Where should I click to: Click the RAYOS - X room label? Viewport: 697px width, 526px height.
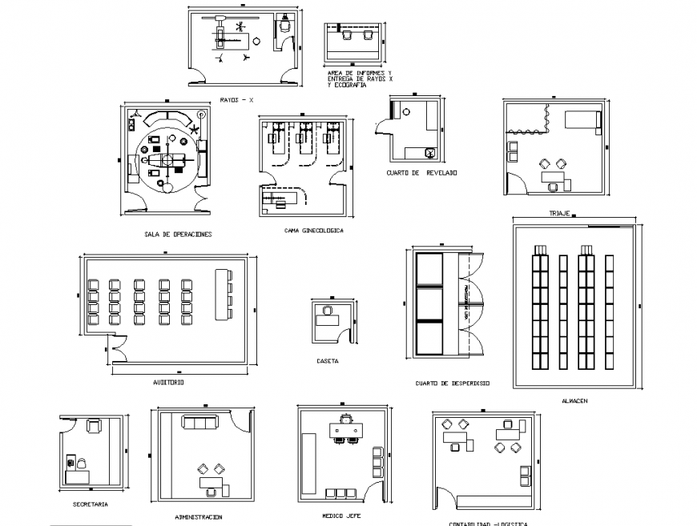[236, 100]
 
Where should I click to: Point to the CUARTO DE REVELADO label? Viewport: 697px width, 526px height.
[421, 172]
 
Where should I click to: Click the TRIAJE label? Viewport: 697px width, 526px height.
[558, 214]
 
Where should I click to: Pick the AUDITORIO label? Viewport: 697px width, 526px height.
[168, 382]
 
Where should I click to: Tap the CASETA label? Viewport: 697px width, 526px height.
[327, 361]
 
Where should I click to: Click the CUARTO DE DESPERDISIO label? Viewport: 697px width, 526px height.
[453, 383]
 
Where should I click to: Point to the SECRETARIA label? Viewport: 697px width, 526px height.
[89, 505]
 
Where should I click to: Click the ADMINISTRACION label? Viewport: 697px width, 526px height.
[198, 517]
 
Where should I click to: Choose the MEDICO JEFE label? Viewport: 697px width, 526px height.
[341, 516]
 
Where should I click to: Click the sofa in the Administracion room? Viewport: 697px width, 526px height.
[200, 423]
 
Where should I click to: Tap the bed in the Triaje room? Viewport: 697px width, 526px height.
[582, 120]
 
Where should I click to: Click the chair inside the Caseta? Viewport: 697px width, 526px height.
[327, 308]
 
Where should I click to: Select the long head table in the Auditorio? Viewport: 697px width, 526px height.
[221, 294]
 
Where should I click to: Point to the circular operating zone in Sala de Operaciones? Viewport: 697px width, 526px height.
[166, 156]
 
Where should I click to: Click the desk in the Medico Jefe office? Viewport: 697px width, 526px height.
[347, 431]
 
